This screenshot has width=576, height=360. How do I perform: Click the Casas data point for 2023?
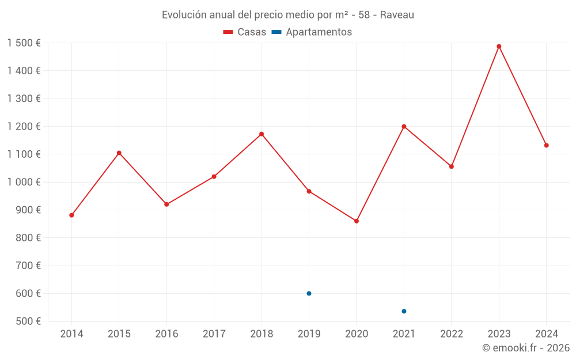pos(499,47)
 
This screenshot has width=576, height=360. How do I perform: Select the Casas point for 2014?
pos(71,215)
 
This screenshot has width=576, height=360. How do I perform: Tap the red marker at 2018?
pos(262,134)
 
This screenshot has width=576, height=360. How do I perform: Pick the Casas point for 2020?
pos(357,221)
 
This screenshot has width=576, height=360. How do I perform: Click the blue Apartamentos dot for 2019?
pos(309,293)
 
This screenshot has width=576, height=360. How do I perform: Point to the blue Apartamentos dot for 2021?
pos(404,311)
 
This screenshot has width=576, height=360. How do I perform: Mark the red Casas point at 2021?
pos(404,127)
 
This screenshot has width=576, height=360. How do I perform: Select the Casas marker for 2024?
pos(546,145)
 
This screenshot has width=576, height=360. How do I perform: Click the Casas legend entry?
pos(245,32)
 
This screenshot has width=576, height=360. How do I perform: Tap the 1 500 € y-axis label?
pos(24,43)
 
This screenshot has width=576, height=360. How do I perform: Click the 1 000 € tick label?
pos(24,182)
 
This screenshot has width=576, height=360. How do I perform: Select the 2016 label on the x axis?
pos(166,334)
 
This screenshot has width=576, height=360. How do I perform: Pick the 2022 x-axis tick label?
pos(452,334)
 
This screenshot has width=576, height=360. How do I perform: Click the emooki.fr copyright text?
pos(526,348)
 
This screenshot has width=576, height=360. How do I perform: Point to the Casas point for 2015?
pos(119,153)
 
